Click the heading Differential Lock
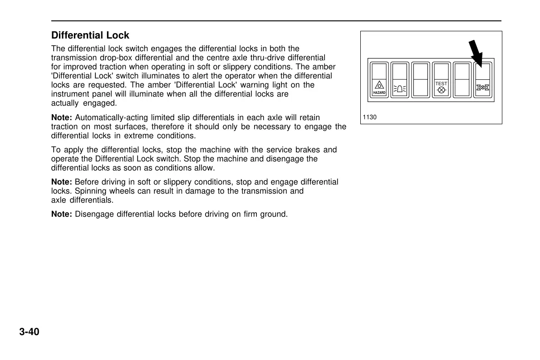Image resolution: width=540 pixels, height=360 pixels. [x=90, y=35]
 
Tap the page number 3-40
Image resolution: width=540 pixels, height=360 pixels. [x=29, y=332]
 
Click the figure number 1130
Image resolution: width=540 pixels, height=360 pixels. [x=370, y=117]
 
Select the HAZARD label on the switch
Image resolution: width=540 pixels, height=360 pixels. [x=379, y=92]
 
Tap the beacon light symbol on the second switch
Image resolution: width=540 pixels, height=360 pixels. [x=400, y=89]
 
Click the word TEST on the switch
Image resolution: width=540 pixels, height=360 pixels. [x=441, y=84]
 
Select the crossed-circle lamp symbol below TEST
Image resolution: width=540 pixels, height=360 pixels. [x=441, y=90]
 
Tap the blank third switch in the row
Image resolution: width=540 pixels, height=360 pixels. [x=421, y=80]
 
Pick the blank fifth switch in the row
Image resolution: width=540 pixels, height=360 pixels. [x=462, y=80]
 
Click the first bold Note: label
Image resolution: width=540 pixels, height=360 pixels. [x=62, y=118]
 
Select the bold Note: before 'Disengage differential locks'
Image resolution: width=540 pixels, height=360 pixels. [x=62, y=214]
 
